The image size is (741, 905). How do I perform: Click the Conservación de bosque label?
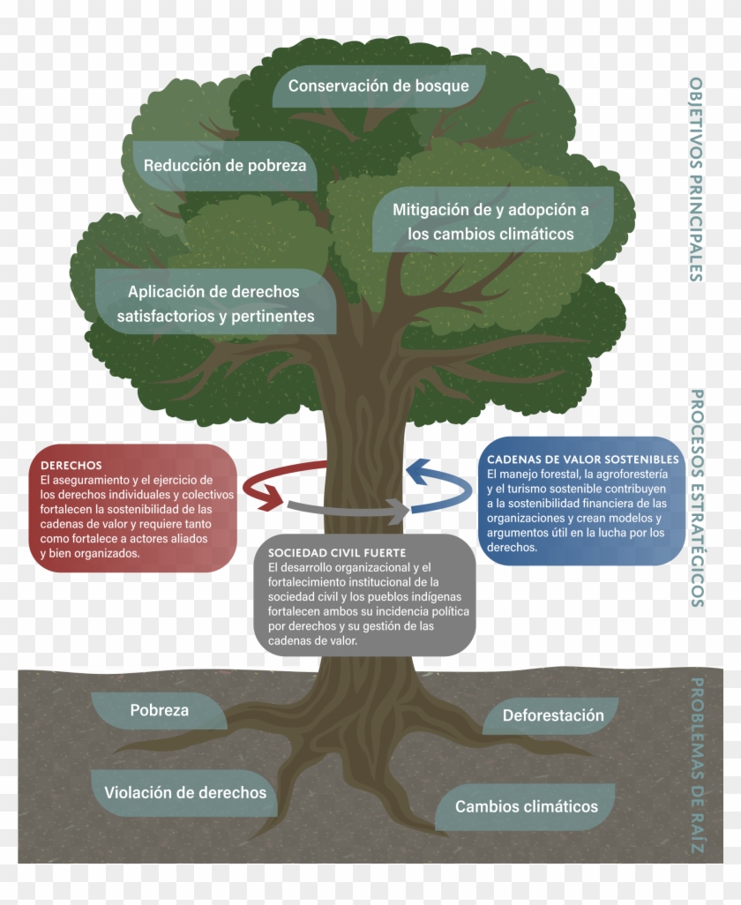click(x=378, y=86)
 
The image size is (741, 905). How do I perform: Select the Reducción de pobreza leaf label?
click(x=225, y=165)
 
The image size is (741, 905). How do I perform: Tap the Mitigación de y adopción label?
click(x=490, y=210)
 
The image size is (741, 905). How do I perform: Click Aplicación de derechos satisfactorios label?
click(x=214, y=292)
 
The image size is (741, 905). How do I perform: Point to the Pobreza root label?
click(x=159, y=709)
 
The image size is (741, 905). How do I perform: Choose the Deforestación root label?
click(x=553, y=714)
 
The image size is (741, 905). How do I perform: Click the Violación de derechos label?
click(x=185, y=792)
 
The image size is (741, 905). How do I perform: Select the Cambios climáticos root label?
click(x=526, y=806)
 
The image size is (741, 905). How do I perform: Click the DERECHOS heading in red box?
click(x=71, y=465)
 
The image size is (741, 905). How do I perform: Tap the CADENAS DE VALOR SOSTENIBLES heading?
click(x=582, y=460)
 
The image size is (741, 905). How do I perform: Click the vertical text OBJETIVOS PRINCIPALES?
click(x=696, y=178)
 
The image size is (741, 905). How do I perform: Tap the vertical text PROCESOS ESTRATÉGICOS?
click(x=696, y=497)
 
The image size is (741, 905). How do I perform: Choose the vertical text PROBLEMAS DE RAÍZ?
click(x=696, y=766)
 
